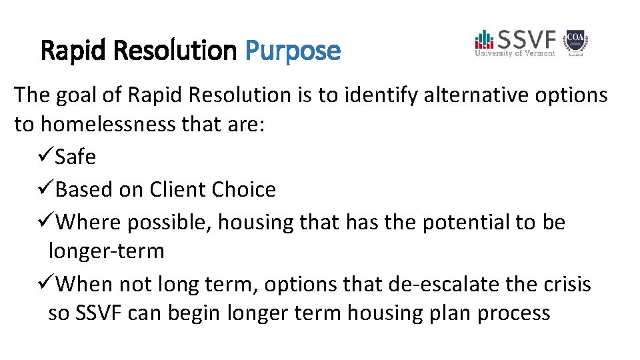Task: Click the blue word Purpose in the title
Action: click(293, 50)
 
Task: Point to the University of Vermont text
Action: click(515, 53)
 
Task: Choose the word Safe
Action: click(75, 157)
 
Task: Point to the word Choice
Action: click(243, 189)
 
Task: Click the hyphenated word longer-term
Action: click(106, 251)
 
